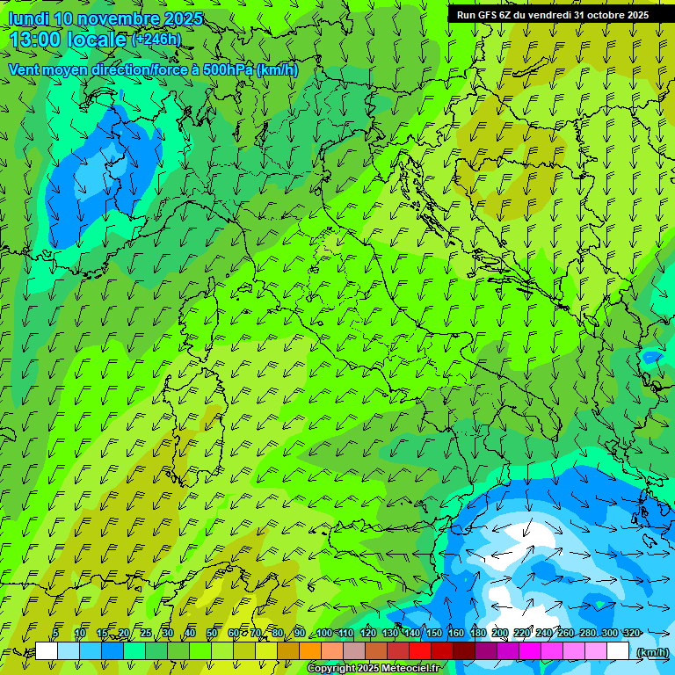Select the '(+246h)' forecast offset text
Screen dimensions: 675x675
click(156, 40)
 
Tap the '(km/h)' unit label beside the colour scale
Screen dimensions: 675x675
click(651, 651)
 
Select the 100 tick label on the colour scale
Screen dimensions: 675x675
click(324, 633)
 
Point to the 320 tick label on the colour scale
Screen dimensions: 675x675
click(632, 633)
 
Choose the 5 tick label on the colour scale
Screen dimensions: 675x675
click(55, 633)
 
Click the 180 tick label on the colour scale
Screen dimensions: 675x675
click(478, 633)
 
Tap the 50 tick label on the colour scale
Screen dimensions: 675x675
click(211, 633)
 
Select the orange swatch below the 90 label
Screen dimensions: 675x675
click(310, 651)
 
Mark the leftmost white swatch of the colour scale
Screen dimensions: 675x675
click(47, 651)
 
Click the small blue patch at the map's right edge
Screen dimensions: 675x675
click(651, 357)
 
